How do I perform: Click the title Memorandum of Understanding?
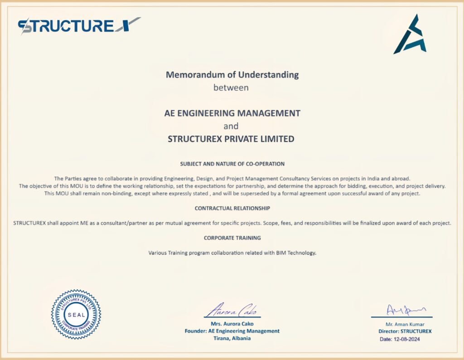pos(232,74)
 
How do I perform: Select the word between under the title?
pos(231,88)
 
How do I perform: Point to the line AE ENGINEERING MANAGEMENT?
pos(232,113)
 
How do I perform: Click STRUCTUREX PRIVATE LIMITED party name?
pos(231,139)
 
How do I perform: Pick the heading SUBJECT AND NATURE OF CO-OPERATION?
pos(232,164)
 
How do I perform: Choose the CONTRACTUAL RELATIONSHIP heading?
pos(232,208)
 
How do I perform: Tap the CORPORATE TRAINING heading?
pos(232,238)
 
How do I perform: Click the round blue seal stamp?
pos(76,314)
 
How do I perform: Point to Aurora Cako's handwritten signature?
pos(232,311)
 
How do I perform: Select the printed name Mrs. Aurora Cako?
pos(232,324)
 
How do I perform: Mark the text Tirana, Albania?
pos(232,338)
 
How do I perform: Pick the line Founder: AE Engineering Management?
pos(232,331)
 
